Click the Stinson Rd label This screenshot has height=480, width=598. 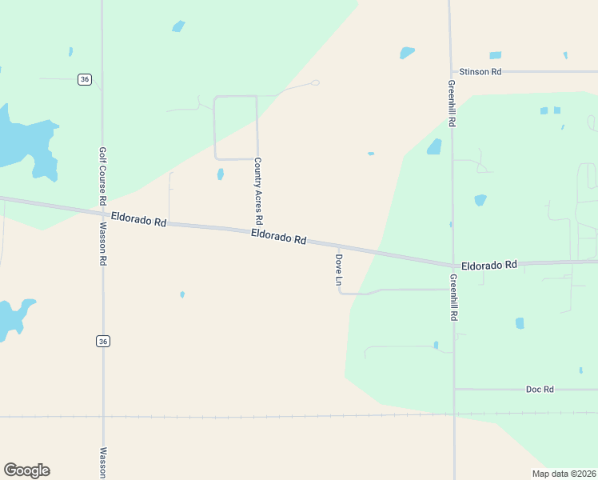pyautogui.click(x=480, y=72)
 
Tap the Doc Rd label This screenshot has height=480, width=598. pyautogui.click(x=540, y=390)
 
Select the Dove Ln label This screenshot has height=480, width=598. pyautogui.click(x=338, y=271)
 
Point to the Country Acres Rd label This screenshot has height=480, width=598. pyautogui.click(x=258, y=190)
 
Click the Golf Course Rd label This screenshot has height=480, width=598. pyautogui.click(x=102, y=174)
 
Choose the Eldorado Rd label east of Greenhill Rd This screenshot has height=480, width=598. pyautogui.click(x=489, y=264)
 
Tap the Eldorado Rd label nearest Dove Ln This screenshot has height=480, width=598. pyautogui.click(x=279, y=237)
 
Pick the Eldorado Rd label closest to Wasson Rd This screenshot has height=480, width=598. pyautogui.click(x=138, y=218)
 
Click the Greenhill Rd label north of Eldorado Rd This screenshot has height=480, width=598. pyautogui.click(x=452, y=103)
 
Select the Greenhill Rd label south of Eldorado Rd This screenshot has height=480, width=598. pyautogui.click(x=453, y=298)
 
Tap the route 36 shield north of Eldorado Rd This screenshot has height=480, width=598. pyautogui.click(x=84, y=78)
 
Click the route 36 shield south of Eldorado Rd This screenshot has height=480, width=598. pyautogui.click(x=103, y=342)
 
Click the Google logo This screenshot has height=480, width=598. pyautogui.click(x=26, y=470)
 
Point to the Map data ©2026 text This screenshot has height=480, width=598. pyautogui.click(x=564, y=474)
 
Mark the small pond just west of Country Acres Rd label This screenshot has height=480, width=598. pyautogui.click(x=220, y=174)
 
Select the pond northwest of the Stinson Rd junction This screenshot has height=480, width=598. pyautogui.click(x=407, y=53)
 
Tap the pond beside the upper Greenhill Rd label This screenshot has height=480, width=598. pyautogui.click(x=434, y=146)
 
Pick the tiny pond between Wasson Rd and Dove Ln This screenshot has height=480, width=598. pyautogui.click(x=182, y=294)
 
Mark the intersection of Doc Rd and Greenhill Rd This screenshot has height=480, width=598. pyautogui.click(x=454, y=390)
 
